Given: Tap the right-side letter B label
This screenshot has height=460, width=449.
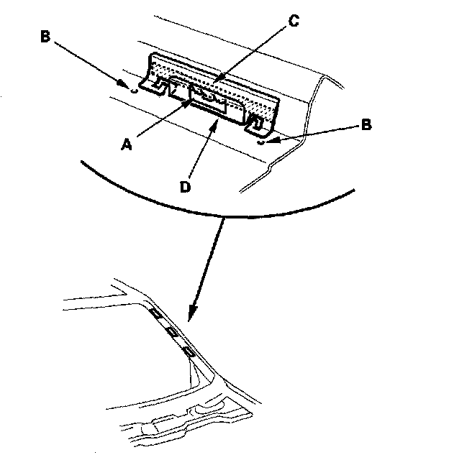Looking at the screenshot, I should click(x=366, y=125).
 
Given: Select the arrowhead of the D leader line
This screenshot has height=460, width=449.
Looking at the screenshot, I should click(x=214, y=123).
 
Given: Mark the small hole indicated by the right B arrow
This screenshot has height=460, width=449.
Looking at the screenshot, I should click(x=260, y=141).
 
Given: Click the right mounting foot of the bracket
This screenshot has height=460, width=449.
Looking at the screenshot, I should click(x=257, y=124).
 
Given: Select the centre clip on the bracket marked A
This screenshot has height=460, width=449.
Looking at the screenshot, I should click(x=209, y=98).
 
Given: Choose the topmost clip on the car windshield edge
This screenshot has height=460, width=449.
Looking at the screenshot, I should click(x=155, y=313).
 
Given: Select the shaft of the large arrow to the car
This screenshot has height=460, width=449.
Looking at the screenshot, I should click(x=209, y=266).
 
